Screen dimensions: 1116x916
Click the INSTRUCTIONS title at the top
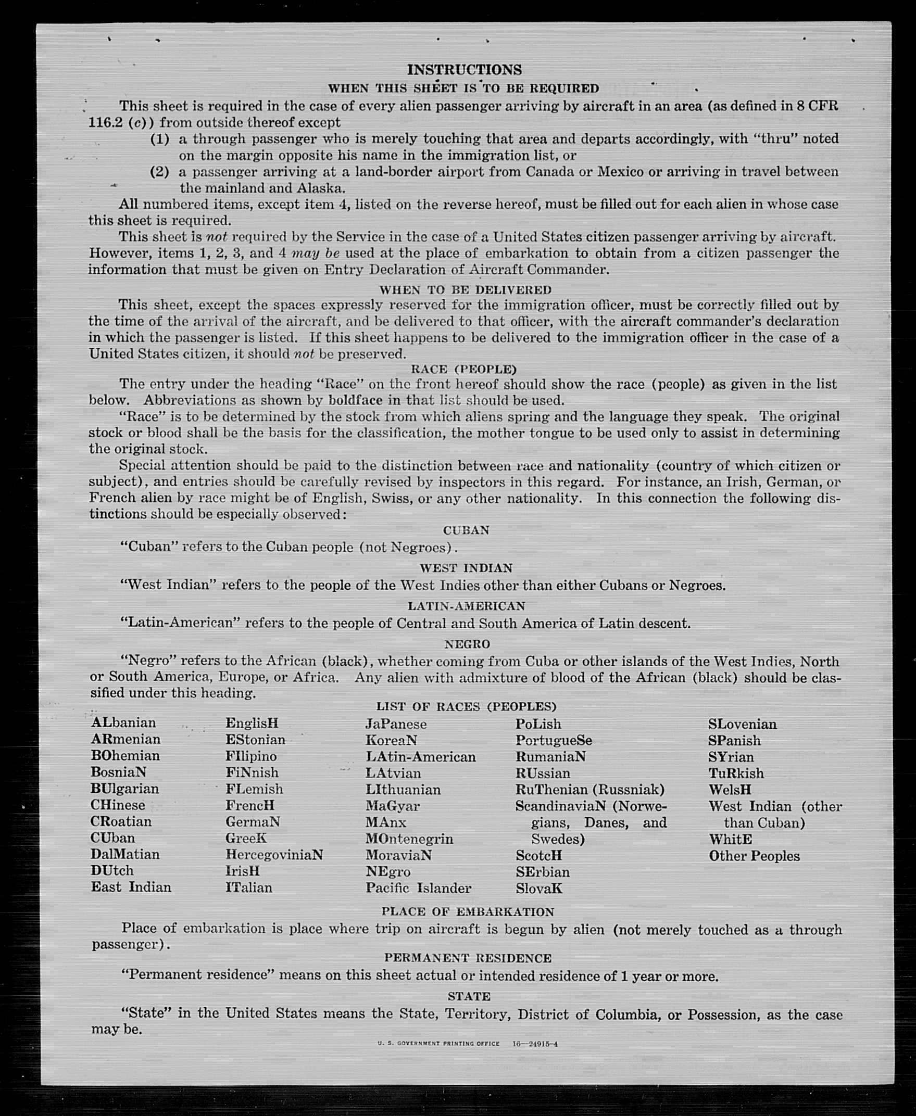(x=465, y=70)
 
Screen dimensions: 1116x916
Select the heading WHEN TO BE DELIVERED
(x=465, y=289)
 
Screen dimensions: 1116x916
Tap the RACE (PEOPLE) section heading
(x=463, y=369)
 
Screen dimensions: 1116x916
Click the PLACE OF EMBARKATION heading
(x=468, y=912)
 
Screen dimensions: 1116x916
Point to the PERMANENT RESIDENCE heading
(x=468, y=958)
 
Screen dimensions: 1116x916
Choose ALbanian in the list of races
(x=123, y=722)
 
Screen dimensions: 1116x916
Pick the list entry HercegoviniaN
(x=274, y=854)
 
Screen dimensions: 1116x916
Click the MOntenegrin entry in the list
(x=409, y=839)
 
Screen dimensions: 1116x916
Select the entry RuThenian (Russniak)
(x=589, y=790)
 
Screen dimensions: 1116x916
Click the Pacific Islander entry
(x=418, y=888)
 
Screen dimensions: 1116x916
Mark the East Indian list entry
(x=131, y=887)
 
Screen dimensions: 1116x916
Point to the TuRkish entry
(x=735, y=773)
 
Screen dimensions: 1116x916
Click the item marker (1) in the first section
(x=159, y=139)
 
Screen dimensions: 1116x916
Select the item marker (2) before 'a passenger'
(x=159, y=172)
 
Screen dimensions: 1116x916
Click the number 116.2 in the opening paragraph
(x=106, y=122)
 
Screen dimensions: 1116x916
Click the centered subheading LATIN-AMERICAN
(x=466, y=606)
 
